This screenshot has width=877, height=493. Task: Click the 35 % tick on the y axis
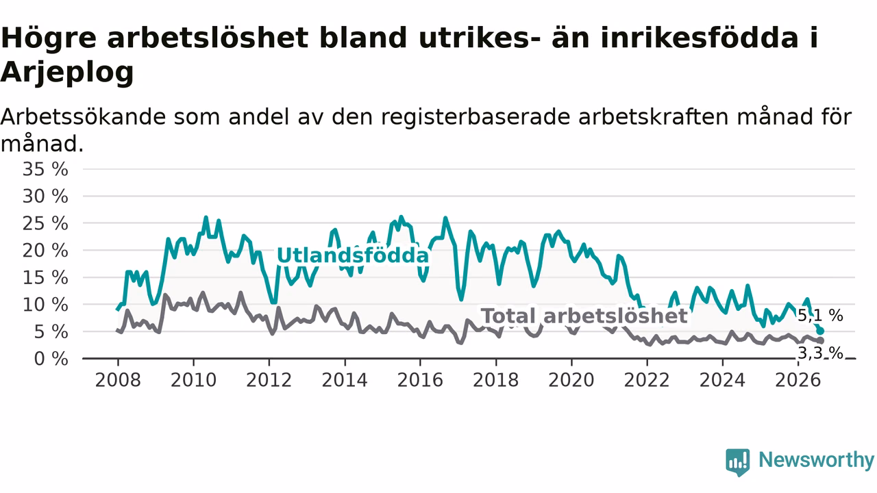[x=45, y=169]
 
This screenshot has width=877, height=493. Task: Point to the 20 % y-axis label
[x=45, y=251]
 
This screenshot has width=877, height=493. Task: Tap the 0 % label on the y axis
[x=51, y=359]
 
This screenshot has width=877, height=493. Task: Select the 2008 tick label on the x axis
[x=118, y=380]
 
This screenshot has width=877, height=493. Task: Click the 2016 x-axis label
[x=420, y=380]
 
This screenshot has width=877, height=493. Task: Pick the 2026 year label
[x=798, y=380]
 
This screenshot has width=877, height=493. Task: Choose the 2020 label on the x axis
[x=571, y=380]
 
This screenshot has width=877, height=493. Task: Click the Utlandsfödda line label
[x=353, y=255]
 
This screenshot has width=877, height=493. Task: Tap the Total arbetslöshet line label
[x=584, y=316]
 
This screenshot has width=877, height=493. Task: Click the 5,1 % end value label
[x=820, y=316]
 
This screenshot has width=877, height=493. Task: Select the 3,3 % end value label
[x=820, y=353]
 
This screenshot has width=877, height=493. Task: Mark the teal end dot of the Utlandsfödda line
[x=820, y=331]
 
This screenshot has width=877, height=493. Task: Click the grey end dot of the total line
[x=820, y=341]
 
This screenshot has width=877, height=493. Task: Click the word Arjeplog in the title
[x=67, y=73]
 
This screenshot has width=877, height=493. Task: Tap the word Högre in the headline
[x=49, y=38]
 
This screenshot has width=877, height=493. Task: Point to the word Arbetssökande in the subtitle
[x=84, y=117]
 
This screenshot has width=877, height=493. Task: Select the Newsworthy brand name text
[x=816, y=459]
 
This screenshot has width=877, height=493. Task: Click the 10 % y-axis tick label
[x=45, y=305]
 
